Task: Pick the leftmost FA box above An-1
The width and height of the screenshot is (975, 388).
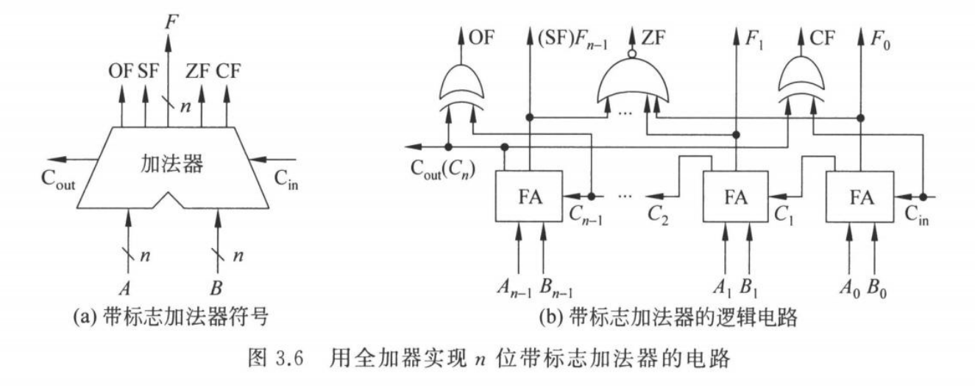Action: click(528, 197)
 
